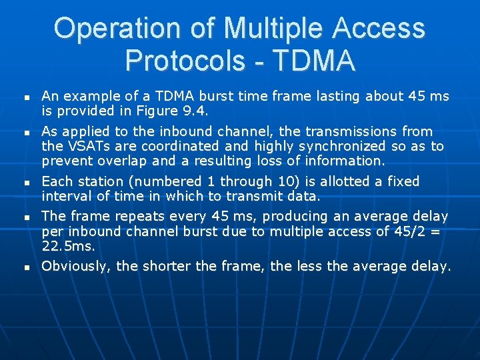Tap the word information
tap(340, 161)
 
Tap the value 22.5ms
tap(69, 246)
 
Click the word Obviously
tap(76, 267)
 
